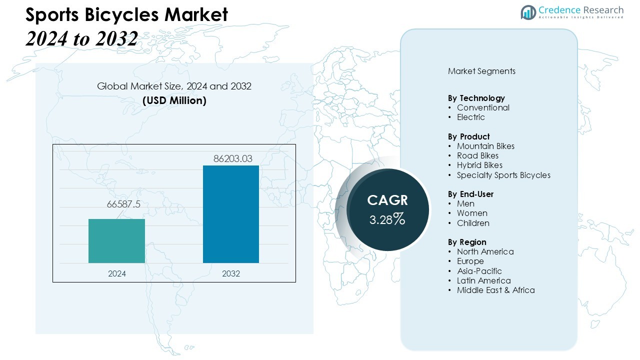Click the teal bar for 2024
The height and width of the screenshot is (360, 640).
point(116,241)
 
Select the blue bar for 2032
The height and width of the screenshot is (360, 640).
point(230,214)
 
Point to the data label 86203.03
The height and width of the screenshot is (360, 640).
point(233,159)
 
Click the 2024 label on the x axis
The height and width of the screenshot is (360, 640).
point(117,273)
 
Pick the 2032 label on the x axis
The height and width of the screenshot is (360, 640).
point(231,273)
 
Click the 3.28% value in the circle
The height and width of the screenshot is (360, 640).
point(387,219)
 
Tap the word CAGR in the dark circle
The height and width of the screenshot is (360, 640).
point(387,200)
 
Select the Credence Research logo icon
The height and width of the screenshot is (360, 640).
point(528,12)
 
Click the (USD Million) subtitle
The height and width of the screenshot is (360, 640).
point(174,100)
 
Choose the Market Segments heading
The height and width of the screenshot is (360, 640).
point(481,71)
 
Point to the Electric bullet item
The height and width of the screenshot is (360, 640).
point(470,117)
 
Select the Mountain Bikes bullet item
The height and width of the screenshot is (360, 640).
point(485,146)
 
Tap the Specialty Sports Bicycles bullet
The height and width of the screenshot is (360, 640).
point(503,175)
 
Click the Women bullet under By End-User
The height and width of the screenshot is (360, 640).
point(472,213)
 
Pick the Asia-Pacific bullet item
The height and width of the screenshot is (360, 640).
point(479,271)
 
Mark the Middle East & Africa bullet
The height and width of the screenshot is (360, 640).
point(495,290)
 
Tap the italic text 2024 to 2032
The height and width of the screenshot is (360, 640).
point(81,38)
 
